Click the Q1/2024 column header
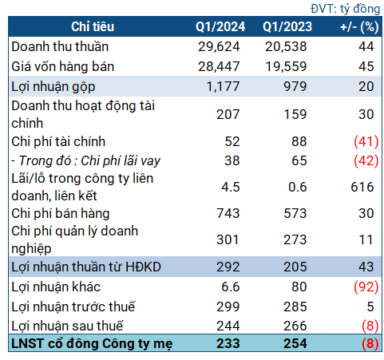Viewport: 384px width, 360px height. click(219, 28)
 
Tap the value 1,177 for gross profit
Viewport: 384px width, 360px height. click(228, 85)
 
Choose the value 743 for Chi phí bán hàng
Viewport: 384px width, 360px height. click(230, 213)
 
